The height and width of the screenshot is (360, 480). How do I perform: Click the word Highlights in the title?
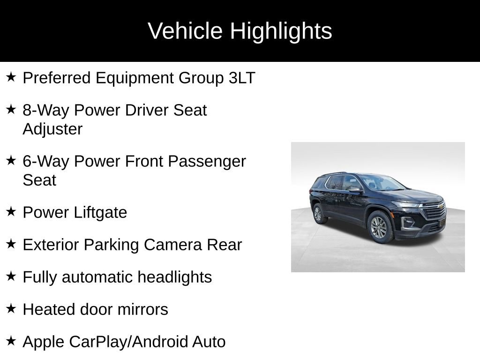tap(281, 31)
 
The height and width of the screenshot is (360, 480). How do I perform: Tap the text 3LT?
tap(242, 78)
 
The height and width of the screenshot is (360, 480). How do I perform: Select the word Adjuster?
tap(52, 129)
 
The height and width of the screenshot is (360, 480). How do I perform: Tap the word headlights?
tap(174, 277)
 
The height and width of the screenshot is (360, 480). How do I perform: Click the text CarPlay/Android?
tap(129, 342)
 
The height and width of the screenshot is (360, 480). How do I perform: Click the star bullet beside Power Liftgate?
tap(11, 211)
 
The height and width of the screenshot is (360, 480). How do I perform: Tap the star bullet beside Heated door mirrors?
tap(11, 308)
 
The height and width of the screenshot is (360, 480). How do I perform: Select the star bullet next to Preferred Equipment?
tap(11, 77)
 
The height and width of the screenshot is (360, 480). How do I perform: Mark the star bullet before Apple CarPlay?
tap(11, 341)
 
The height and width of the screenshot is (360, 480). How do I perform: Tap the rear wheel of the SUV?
tap(318, 214)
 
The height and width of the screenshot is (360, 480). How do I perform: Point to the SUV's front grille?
tap(434, 213)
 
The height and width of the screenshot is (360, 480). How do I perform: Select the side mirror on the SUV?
tap(355, 190)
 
